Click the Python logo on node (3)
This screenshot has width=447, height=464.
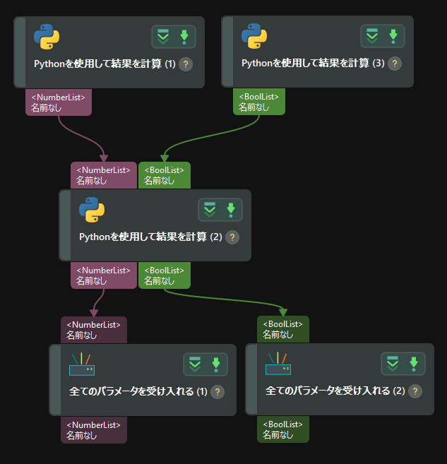click(x=254, y=37)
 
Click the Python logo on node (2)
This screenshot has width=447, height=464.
click(x=92, y=210)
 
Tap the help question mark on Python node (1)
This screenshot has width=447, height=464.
click(x=186, y=64)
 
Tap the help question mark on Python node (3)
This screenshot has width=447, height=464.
click(x=395, y=64)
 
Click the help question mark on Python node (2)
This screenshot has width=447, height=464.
click(x=232, y=237)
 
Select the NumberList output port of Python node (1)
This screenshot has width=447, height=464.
click(x=59, y=102)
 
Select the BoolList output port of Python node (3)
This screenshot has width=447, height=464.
click(x=259, y=102)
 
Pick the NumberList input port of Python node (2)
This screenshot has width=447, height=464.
click(x=103, y=175)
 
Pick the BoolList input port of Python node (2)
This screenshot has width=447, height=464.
click(x=165, y=175)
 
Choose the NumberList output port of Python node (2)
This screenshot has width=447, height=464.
click(x=103, y=275)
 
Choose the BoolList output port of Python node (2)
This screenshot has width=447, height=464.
click(x=165, y=275)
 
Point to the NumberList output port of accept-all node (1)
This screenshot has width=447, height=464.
click(x=94, y=430)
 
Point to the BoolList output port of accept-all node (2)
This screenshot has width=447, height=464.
click(x=283, y=430)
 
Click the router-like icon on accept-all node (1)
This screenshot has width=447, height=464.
click(x=81, y=364)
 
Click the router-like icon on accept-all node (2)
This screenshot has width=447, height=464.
click(x=278, y=364)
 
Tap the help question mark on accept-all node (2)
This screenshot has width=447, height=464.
click(x=419, y=391)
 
